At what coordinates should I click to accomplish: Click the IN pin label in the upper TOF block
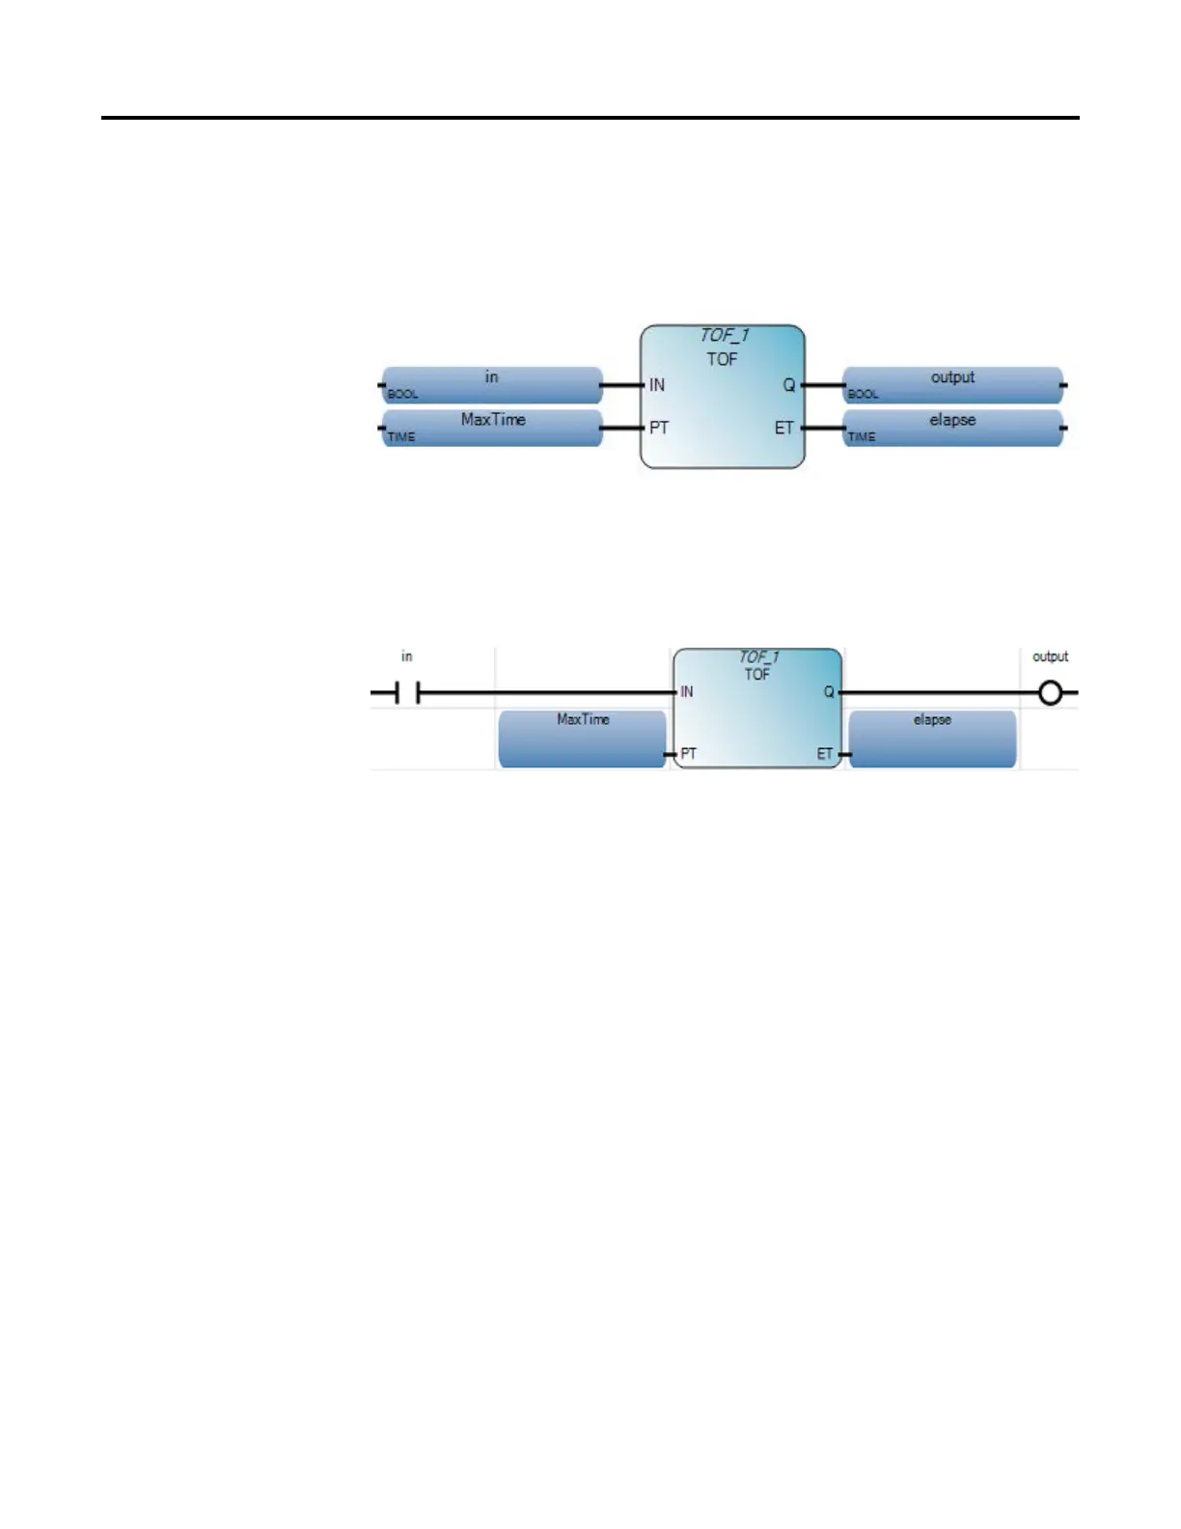click(x=657, y=385)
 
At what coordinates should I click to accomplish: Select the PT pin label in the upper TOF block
click(x=659, y=428)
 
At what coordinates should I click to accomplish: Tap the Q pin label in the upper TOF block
click(x=788, y=385)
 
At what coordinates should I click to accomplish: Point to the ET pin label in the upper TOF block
click(x=783, y=428)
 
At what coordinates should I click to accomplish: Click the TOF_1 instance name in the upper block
click(x=724, y=336)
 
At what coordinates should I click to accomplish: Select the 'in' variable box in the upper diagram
click(x=492, y=384)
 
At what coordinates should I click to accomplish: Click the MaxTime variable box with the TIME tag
click(x=492, y=427)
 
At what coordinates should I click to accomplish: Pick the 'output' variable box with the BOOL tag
click(x=952, y=384)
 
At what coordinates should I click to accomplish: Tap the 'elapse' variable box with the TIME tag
click(x=952, y=427)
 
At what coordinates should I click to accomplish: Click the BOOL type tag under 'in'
click(x=402, y=395)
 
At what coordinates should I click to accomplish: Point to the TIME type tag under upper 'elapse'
click(x=862, y=437)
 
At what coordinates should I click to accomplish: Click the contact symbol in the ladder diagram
click(x=408, y=693)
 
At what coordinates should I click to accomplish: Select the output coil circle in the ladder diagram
click(x=1050, y=693)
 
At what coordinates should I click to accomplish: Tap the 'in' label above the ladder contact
click(x=407, y=656)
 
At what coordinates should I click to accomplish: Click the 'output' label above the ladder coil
click(x=1050, y=656)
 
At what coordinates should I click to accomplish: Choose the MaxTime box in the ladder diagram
click(x=582, y=738)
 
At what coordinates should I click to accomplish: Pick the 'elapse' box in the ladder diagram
click(x=932, y=738)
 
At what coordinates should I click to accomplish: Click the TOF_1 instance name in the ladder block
click(x=758, y=657)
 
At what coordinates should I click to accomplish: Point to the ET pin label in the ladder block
click(x=824, y=754)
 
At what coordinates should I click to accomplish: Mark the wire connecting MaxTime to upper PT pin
click(x=622, y=428)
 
